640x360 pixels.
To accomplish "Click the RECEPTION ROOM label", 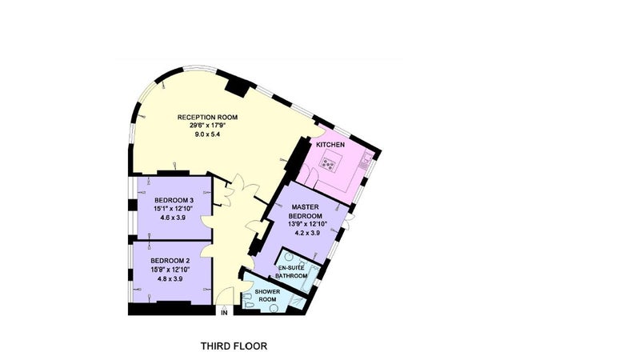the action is tap(207, 117).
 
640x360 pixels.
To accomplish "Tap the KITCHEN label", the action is tap(330, 145).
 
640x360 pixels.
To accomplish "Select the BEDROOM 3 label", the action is tap(174, 201).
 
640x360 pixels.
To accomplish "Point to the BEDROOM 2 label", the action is tap(170, 261).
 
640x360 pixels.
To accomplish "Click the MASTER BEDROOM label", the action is tap(306, 211).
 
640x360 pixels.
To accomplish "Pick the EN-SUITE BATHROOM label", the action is tap(291, 272).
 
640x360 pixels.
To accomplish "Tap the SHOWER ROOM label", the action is tap(267, 295).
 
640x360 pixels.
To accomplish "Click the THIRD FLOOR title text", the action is tap(234, 346).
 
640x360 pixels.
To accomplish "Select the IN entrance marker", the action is tap(224, 313).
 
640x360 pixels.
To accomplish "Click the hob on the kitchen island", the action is tap(328, 163).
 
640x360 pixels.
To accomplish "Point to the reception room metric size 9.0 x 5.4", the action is tap(208, 134).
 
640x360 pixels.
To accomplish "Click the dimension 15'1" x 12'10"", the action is tap(173, 209).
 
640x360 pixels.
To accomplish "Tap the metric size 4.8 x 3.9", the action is tap(170, 279).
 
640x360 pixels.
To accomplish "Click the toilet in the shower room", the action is tap(248, 305).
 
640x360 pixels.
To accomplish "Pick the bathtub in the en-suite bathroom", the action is tap(310, 279).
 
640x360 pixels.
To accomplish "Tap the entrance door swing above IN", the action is tap(225, 296).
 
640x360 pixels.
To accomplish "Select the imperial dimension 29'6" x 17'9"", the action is tap(207, 126).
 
